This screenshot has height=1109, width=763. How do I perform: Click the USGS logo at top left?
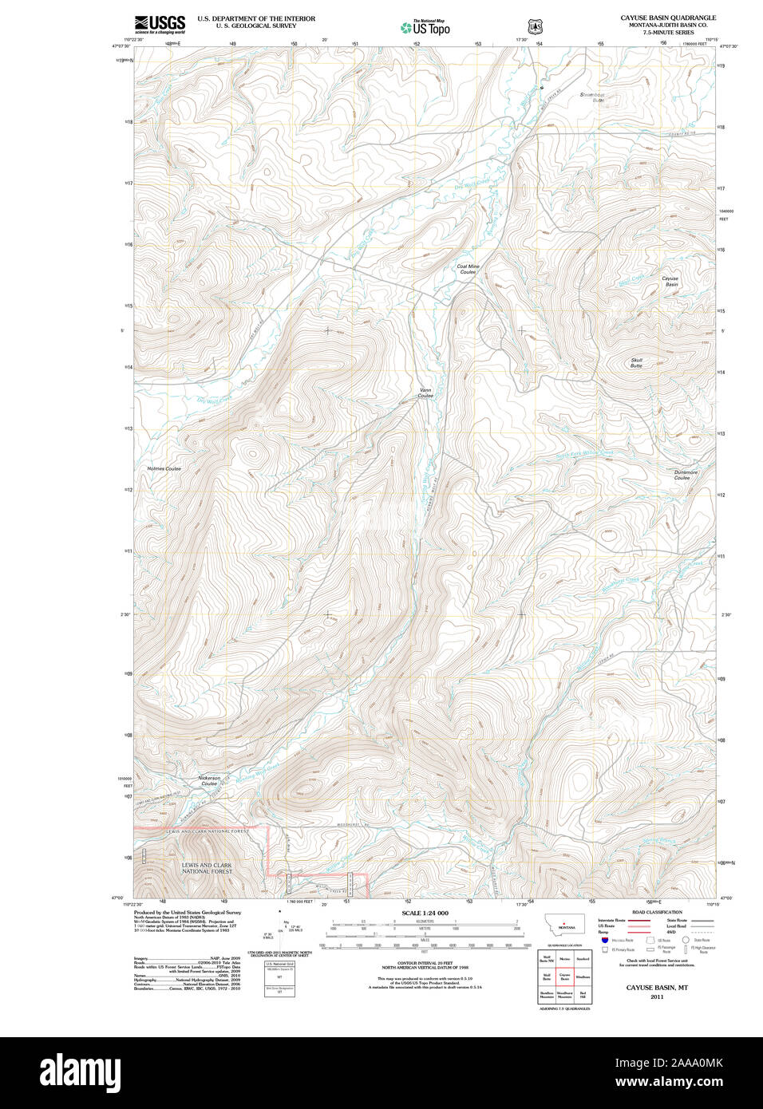tap(160, 24)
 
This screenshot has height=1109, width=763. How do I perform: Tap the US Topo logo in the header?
tap(425, 27)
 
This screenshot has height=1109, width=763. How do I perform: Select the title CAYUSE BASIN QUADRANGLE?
tap(668, 18)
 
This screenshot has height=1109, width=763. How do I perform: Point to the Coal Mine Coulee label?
tap(468, 270)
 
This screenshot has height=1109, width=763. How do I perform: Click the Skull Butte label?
tap(636, 363)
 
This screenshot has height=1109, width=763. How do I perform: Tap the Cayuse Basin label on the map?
tap(670, 282)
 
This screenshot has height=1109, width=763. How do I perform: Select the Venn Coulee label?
tap(425, 393)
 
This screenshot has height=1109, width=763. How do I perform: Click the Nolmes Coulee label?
tap(164, 468)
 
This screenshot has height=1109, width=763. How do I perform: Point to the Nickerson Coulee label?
tap(209, 780)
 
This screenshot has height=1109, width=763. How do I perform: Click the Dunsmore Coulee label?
tap(686, 475)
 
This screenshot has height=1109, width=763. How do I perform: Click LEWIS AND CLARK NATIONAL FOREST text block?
tap(207, 868)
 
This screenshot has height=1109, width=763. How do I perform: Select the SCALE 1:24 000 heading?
tap(425, 913)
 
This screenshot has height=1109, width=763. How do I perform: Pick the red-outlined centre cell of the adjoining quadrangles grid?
tap(565, 976)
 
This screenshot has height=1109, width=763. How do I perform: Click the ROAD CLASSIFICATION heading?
tap(657, 912)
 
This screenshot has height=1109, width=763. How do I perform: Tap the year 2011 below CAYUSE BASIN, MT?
tap(657, 997)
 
